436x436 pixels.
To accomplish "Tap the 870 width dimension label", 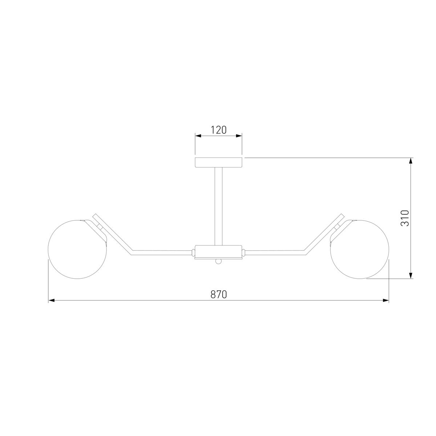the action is pos(218,294).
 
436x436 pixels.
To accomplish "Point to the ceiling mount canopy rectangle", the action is pos(218,162).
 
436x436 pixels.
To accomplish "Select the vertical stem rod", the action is pos(218,206).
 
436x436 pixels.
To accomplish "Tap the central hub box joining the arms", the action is pos(218,251).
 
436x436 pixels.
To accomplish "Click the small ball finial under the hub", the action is pos(218,261).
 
